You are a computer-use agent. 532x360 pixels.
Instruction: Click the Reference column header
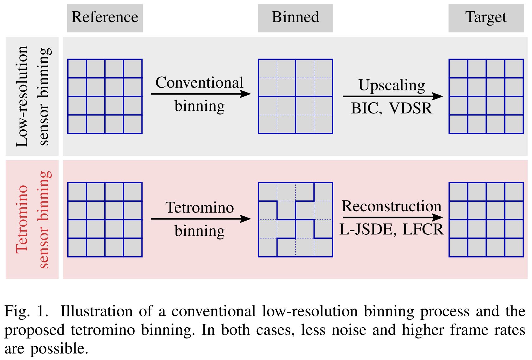pos(105,17)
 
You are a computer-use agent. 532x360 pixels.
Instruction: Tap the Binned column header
pos(295,17)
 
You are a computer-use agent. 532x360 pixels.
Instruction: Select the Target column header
pos(486,17)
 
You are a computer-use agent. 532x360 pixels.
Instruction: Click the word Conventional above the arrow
pos(199,83)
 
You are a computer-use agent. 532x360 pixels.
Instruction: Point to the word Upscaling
pos(392,85)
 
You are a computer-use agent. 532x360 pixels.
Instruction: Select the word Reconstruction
pos(392,206)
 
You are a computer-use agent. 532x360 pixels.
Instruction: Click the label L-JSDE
pos(366,229)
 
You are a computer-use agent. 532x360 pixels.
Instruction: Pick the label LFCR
pos(423,229)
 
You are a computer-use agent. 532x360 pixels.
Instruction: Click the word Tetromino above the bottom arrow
pos(199,207)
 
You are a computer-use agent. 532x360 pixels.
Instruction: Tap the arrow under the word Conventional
pos(201,94)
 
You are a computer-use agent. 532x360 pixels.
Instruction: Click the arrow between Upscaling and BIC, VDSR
pos(392,96)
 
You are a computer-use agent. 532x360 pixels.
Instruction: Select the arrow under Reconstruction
pos(392,217)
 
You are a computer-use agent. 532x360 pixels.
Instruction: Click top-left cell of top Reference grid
pos(77,69)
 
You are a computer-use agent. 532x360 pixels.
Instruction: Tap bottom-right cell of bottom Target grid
pos(514,247)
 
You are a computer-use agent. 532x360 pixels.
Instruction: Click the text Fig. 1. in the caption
pos(26,311)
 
